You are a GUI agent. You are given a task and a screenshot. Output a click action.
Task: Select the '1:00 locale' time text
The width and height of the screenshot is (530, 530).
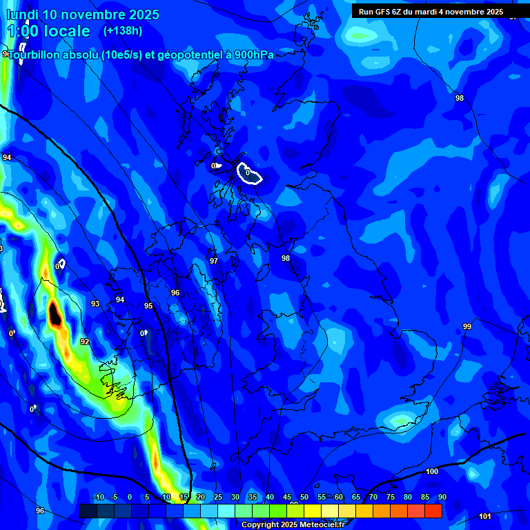click(48, 31)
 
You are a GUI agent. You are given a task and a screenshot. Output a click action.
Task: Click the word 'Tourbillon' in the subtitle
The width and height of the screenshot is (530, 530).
click(38, 55)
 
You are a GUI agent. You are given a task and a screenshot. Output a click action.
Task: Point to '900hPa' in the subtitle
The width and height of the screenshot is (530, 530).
click(253, 55)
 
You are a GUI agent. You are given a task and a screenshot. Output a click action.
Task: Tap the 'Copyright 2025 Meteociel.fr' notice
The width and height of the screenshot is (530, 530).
click(293, 524)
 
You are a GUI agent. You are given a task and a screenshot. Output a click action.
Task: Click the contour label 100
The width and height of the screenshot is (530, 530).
click(432, 471)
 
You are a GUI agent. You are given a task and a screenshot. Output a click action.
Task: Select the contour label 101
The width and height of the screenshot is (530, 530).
click(484, 516)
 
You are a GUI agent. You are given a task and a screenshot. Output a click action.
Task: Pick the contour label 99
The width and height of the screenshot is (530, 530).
click(467, 326)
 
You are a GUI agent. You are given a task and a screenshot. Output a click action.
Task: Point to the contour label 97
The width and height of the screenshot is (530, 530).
click(214, 261)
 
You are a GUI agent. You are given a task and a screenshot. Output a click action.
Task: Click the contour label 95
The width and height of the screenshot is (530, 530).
click(148, 306)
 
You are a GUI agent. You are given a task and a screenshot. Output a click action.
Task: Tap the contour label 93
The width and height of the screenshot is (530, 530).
click(95, 304)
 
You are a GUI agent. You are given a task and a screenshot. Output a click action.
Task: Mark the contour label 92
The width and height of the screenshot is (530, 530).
click(85, 342)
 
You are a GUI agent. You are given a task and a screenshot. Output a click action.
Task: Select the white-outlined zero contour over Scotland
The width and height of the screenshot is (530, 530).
click(249, 173)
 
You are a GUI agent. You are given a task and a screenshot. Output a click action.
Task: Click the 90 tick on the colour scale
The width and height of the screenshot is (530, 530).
click(442, 497)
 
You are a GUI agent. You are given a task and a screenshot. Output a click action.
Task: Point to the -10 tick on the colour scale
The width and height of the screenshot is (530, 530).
click(98, 497)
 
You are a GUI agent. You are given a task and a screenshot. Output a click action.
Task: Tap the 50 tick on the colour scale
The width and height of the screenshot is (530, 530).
click(304, 497)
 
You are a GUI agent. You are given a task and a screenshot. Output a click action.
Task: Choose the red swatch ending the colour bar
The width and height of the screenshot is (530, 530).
click(433, 511)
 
